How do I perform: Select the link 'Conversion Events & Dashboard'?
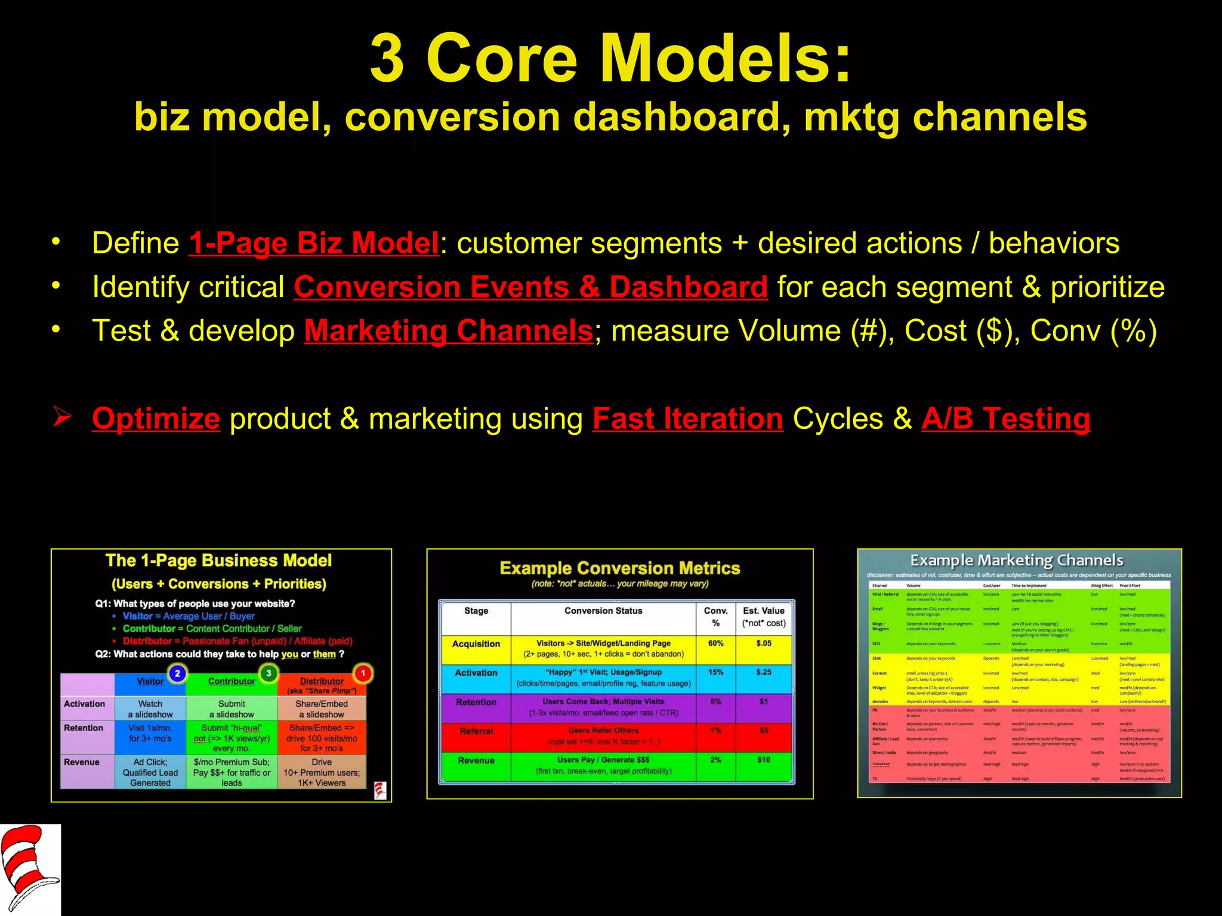tap(530, 287)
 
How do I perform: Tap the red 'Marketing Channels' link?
tap(448, 331)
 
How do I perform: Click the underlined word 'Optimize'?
tap(156, 419)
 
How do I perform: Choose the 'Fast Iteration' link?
tap(687, 419)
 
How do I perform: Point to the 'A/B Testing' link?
tap(1005, 419)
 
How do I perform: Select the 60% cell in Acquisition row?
tap(715, 643)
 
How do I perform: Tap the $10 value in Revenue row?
tap(763, 760)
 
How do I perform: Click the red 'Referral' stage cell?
tap(476, 731)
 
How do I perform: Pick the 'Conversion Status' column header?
tap(603, 611)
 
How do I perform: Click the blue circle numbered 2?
tap(177, 673)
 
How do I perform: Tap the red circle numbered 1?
tap(363, 673)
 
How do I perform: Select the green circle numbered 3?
tap(269, 673)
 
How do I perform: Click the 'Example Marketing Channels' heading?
tap(1016, 561)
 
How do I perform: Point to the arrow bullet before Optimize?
tap(61, 416)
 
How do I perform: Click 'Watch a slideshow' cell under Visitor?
tap(150, 709)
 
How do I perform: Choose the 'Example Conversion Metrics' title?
tap(619, 568)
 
